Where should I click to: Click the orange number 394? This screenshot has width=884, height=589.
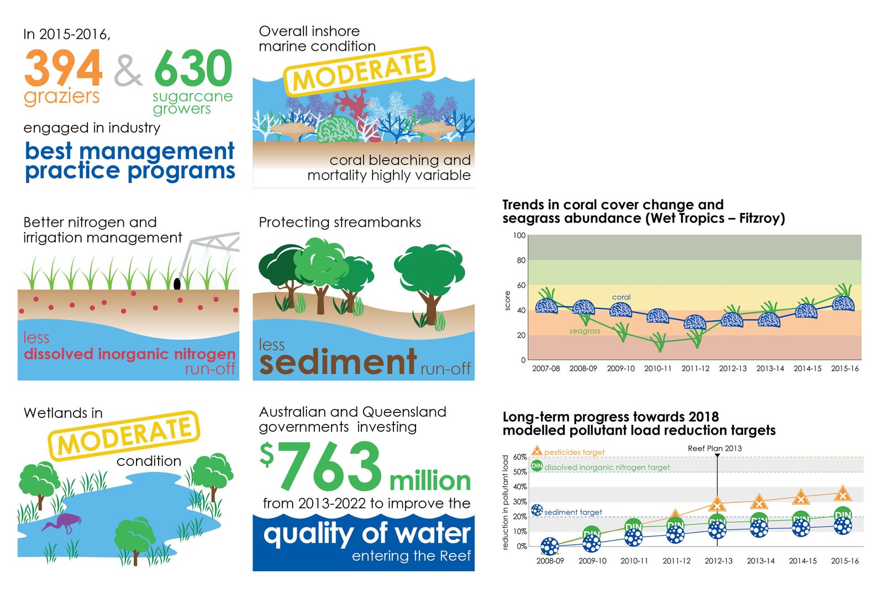[x=63, y=68]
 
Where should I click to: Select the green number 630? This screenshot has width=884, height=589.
[x=193, y=68]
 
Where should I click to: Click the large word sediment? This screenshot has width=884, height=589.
[x=338, y=362]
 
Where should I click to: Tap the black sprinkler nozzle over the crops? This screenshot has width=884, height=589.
[x=177, y=284]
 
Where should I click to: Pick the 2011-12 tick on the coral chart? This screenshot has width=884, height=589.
[x=695, y=368]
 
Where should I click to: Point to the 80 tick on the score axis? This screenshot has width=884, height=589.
[x=520, y=260]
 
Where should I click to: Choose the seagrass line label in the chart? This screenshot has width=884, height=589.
[x=585, y=331]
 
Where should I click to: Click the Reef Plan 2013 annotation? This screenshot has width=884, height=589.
[x=714, y=448]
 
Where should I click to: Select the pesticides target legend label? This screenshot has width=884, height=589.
[x=574, y=452]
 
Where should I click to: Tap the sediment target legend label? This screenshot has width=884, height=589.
[x=572, y=512]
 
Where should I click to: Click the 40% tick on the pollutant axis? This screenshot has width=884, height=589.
[x=520, y=487]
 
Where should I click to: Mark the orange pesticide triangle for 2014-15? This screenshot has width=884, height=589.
[x=801, y=498]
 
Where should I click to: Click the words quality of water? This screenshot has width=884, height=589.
[x=367, y=534]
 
